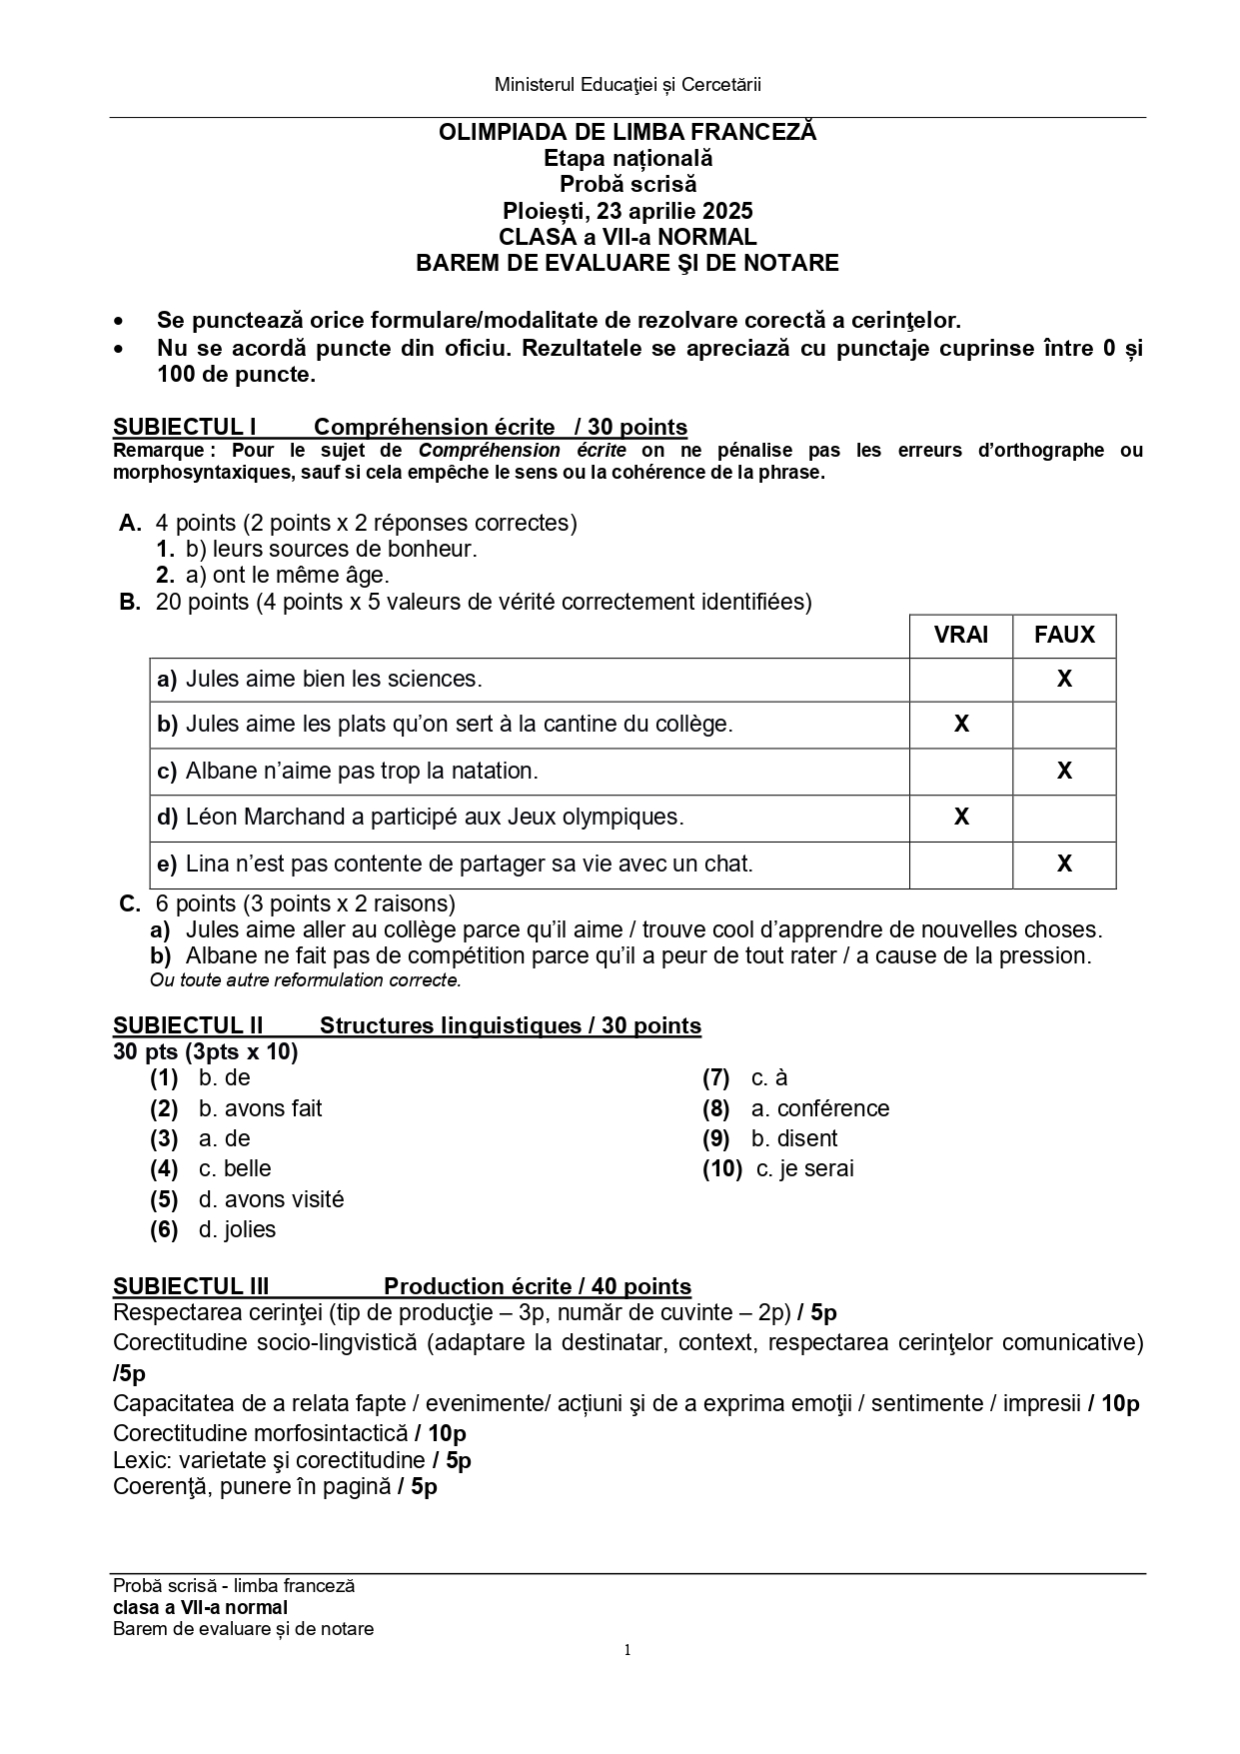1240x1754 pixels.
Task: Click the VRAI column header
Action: point(960,635)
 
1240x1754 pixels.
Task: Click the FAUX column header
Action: point(1064,635)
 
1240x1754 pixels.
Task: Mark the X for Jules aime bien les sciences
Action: point(1064,679)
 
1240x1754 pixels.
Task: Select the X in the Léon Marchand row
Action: point(961,817)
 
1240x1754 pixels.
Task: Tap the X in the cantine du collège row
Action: point(961,724)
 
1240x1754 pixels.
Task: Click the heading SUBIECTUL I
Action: point(185,428)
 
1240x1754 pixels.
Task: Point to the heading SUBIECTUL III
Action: point(191,1286)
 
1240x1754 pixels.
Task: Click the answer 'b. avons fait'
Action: point(260,1108)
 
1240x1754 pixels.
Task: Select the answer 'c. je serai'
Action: point(804,1168)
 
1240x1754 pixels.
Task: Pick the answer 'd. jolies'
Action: point(237,1229)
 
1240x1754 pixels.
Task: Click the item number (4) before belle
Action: point(164,1168)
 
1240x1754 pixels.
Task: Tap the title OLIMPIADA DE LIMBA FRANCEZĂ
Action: point(627,132)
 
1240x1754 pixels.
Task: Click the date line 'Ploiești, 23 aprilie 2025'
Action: point(627,211)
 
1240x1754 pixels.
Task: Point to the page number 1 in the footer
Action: point(627,1650)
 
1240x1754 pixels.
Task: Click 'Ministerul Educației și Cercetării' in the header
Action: point(627,85)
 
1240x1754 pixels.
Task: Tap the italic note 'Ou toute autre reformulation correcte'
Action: point(306,980)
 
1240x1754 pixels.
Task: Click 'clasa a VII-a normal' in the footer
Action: point(200,1607)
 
